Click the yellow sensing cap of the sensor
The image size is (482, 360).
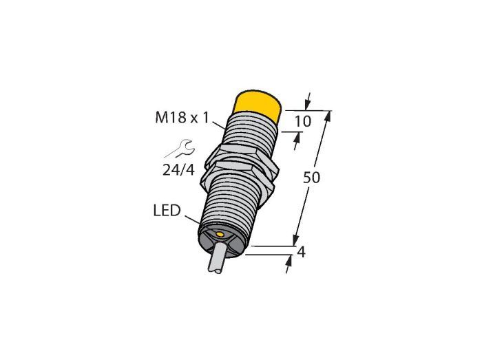(x=258, y=105)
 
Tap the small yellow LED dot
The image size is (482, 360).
(x=220, y=235)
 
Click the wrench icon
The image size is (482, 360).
(x=180, y=149)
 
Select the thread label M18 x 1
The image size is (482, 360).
(x=182, y=118)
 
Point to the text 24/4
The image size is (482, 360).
(x=178, y=169)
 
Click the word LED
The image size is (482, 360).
(x=167, y=211)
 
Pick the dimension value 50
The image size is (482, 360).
(x=311, y=178)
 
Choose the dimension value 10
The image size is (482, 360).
(x=303, y=121)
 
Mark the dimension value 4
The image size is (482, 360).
(x=302, y=253)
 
